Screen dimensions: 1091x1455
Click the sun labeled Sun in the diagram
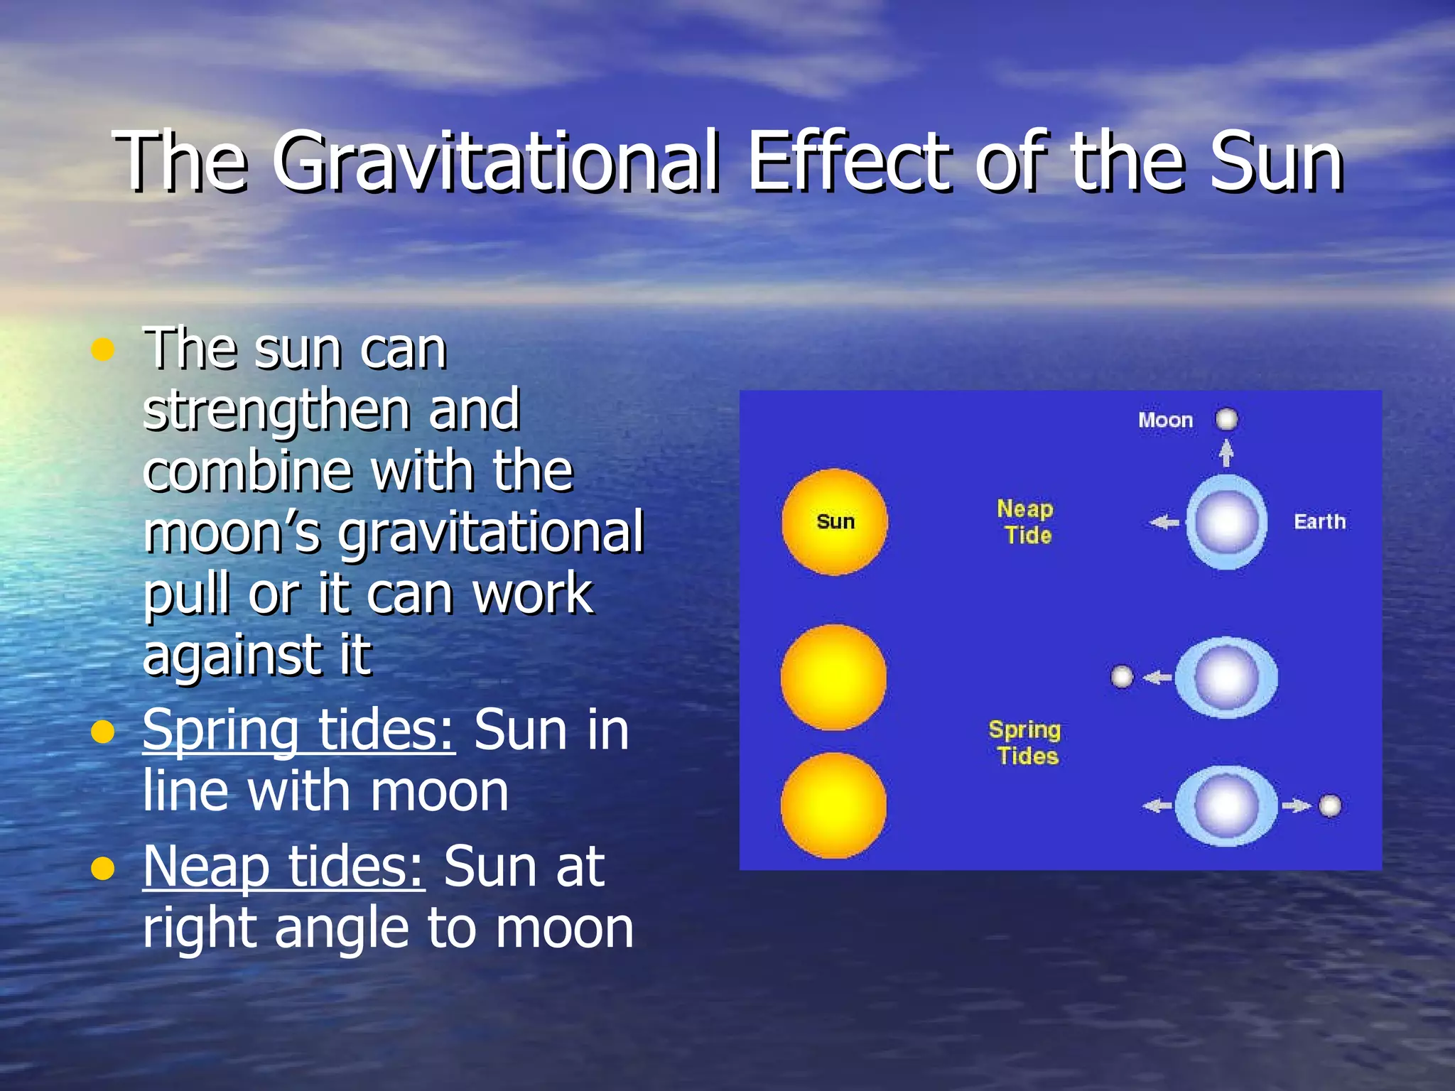pos(835,522)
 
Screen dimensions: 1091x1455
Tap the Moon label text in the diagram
pos(1165,420)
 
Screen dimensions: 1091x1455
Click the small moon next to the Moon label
pos(1227,419)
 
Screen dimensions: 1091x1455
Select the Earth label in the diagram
pos(1319,522)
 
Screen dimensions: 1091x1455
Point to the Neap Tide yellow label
pos(1025,522)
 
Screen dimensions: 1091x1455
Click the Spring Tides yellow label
pos(1025,742)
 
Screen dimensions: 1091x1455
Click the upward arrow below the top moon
pos(1226,452)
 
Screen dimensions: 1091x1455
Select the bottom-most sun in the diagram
pos(833,805)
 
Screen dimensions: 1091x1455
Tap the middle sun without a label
pos(833,677)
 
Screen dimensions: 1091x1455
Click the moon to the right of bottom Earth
pos(1330,806)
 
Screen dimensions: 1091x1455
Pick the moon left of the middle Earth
pos(1122,677)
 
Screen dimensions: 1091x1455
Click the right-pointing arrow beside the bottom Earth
pos(1297,805)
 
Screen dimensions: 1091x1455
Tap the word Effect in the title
pos(849,163)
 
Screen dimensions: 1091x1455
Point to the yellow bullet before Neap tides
pos(104,868)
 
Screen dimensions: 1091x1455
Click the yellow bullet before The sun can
pos(104,349)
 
